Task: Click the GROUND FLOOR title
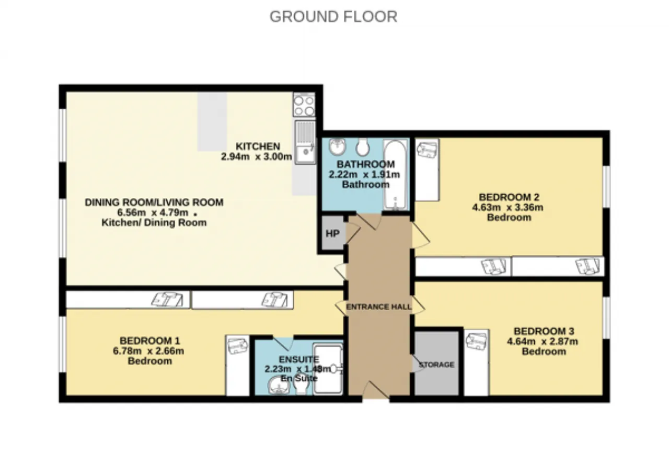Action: point(333,17)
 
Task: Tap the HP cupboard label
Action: point(332,233)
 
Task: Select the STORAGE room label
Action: point(436,365)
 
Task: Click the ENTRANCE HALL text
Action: point(379,307)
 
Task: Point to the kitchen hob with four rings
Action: point(304,105)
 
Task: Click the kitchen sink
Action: point(305,142)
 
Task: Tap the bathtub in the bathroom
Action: point(396,175)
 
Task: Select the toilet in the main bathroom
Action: point(363,146)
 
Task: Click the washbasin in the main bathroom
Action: point(338,146)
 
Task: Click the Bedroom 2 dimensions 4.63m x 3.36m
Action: point(507,208)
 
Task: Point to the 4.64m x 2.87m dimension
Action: point(543,341)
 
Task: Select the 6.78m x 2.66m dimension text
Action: point(148,351)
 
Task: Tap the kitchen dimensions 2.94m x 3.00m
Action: point(257,156)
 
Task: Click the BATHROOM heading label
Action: point(365,164)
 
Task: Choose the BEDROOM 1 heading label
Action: point(149,341)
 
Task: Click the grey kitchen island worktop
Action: point(212,122)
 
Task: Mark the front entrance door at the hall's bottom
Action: point(376,390)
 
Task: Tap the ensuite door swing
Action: point(283,344)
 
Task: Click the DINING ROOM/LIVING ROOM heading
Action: point(154,202)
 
